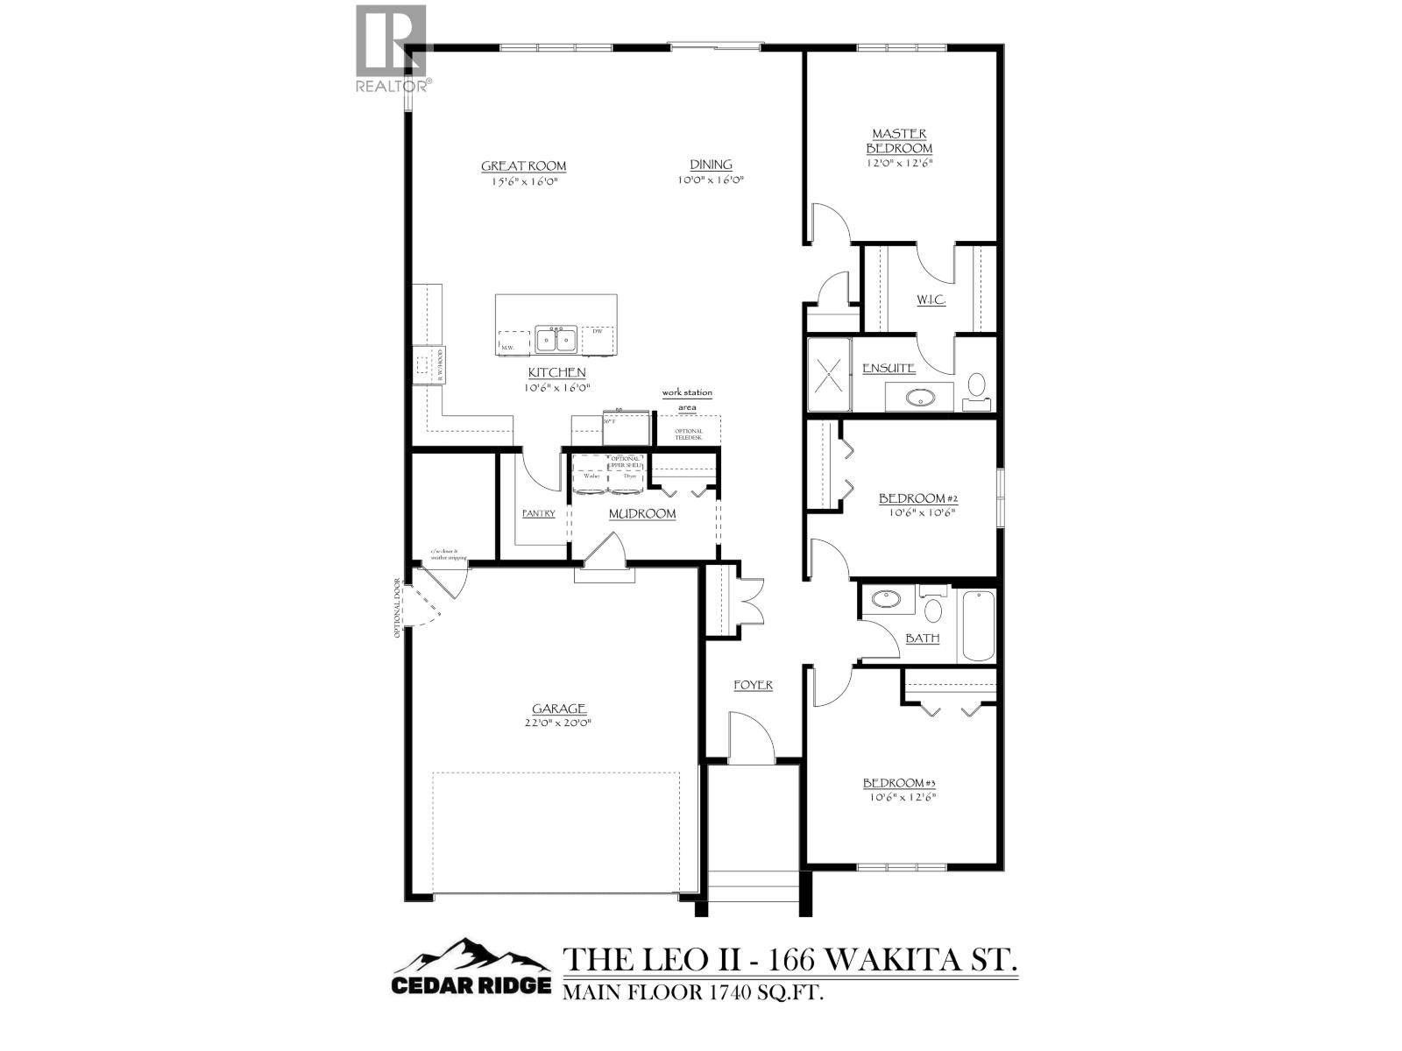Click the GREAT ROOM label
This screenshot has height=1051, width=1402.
[523, 166]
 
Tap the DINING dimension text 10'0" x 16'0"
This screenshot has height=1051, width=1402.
[710, 180]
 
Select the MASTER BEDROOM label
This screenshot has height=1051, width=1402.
[899, 141]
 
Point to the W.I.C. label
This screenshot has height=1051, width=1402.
[931, 300]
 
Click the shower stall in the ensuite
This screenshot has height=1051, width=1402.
[828, 374]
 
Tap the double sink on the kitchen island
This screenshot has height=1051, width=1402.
[556, 338]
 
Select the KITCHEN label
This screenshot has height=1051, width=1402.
[556, 372]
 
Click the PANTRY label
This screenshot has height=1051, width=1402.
[538, 513]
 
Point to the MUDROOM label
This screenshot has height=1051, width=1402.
[642, 513]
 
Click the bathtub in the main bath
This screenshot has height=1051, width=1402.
[978, 625]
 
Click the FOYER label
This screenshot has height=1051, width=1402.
[753, 685]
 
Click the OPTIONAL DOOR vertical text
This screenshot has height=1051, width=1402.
[398, 608]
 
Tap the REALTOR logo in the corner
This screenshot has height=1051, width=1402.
[393, 48]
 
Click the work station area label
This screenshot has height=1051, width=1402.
[687, 399]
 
